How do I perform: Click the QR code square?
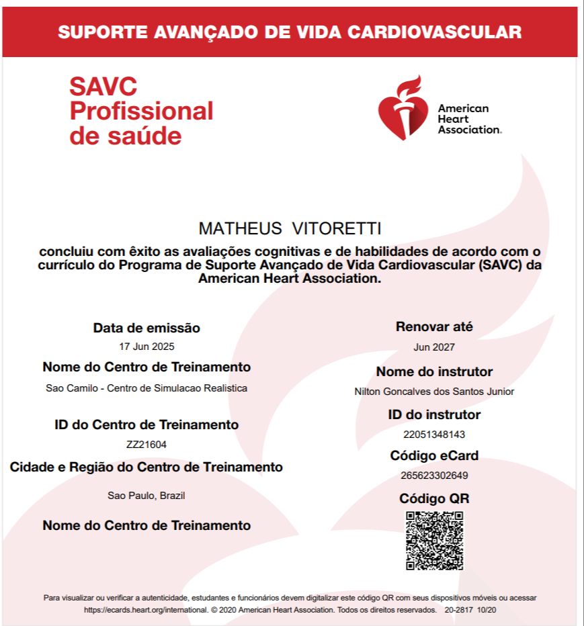click(x=434, y=541)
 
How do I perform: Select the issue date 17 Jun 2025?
click(x=147, y=347)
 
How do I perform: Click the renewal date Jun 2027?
click(x=434, y=347)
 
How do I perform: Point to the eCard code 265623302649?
click(x=434, y=476)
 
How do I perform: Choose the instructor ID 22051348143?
click(x=434, y=434)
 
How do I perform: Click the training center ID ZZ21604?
click(x=147, y=444)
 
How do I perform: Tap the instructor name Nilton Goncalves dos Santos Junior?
click(x=434, y=391)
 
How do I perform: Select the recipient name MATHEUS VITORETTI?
click(x=290, y=229)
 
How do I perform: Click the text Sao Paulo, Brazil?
click(x=147, y=496)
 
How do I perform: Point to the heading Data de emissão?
click(x=147, y=328)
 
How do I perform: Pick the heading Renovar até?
click(x=434, y=327)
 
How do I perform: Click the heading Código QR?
click(x=434, y=498)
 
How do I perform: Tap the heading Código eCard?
click(x=434, y=456)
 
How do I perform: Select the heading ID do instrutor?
click(x=434, y=414)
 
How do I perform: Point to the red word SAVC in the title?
click(x=103, y=87)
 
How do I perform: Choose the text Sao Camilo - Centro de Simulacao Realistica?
click(x=147, y=388)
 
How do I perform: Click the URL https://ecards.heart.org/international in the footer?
click(x=145, y=610)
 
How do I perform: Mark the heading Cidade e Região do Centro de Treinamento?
click(x=147, y=467)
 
